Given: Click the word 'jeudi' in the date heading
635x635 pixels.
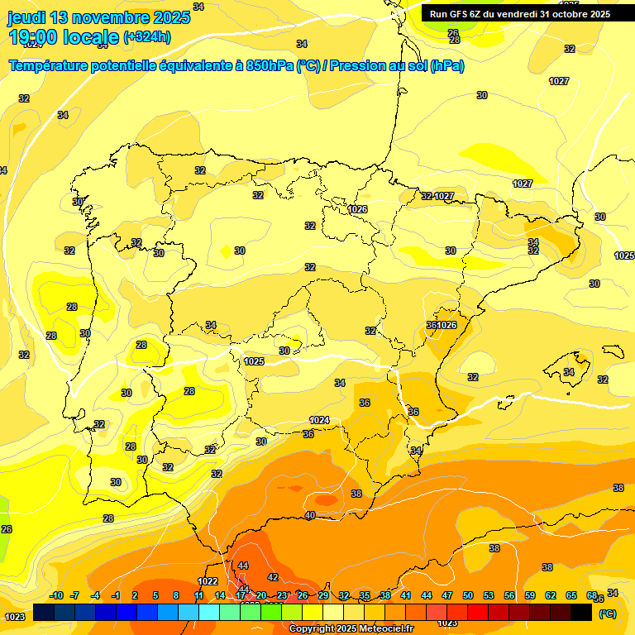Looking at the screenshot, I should click(26, 17).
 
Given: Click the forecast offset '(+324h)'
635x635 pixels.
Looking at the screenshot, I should click(146, 37).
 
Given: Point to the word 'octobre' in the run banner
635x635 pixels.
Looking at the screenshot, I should click(566, 14).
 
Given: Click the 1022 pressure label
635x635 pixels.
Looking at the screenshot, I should click(208, 581).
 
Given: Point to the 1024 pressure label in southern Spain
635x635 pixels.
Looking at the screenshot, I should click(319, 420).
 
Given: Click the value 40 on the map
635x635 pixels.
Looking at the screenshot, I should click(310, 515).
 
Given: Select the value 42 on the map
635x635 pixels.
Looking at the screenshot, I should click(273, 577).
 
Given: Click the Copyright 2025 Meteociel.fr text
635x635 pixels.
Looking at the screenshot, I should click(351, 629).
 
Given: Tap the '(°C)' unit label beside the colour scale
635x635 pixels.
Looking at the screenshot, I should click(607, 614).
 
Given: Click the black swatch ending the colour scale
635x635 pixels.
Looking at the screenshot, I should click(581, 611).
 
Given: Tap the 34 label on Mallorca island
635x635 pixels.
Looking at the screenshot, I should click(569, 372).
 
